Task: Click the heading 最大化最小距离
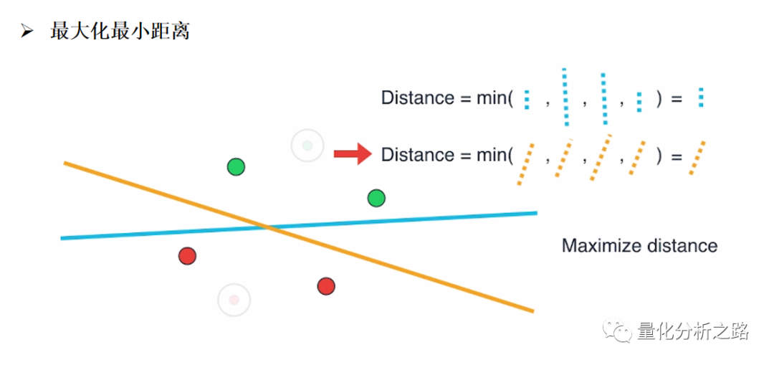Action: pos(119,32)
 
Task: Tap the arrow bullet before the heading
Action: pos(27,32)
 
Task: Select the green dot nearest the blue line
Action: pos(376,197)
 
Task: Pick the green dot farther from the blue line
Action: pos(236,167)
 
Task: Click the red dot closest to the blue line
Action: pos(187,255)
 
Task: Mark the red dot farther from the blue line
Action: pos(326,286)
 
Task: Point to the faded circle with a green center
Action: pos(307,146)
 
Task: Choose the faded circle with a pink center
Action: pos(234,299)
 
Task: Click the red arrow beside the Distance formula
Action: pos(352,153)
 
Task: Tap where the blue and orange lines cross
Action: pos(267,227)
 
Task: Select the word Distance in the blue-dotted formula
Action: pos(417,98)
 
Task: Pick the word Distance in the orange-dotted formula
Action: pos(417,155)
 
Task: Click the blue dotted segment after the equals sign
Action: pos(701,98)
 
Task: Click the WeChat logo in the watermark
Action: pos(617,331)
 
